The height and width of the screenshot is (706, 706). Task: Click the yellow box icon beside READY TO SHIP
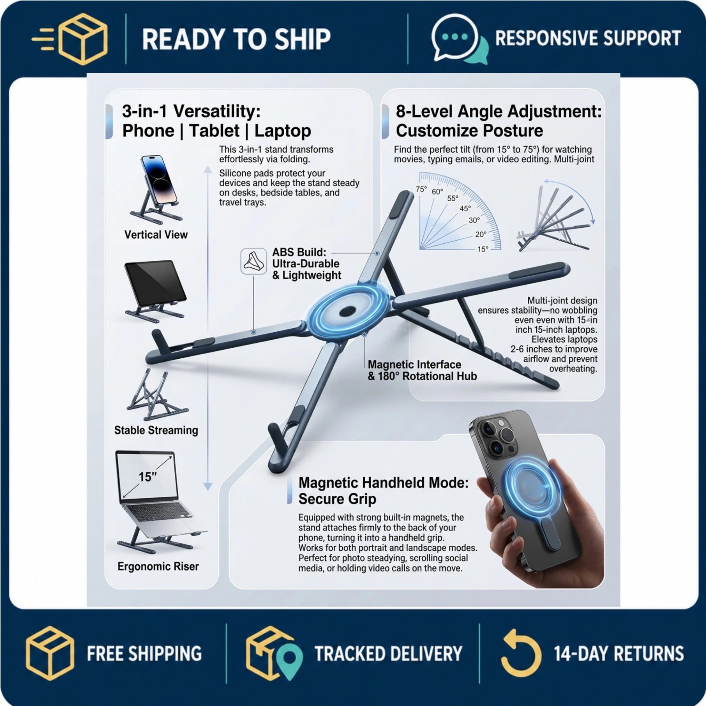click(83, 39)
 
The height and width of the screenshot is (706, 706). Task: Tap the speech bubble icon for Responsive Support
click(459, 39)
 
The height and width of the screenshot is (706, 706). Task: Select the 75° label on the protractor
click(421, 189)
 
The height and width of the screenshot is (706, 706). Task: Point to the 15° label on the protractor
click(483, 249)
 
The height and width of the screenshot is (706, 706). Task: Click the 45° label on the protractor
click(465, 209)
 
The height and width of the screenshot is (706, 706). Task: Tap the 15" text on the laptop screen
click(147, 477)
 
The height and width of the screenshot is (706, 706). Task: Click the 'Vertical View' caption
click(156, 235)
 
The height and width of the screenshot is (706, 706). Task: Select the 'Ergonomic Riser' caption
click(158, 567)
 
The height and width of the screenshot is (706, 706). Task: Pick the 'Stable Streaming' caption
click(156, 430)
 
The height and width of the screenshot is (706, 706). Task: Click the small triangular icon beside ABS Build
click(254, 261)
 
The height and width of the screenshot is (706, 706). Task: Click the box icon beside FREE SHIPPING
click(49, 653)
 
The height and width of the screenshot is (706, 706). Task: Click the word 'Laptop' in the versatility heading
click(283, 131)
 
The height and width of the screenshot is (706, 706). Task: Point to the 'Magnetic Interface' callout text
click(414, 364)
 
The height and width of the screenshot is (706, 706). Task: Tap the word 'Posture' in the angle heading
click(514, 131)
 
